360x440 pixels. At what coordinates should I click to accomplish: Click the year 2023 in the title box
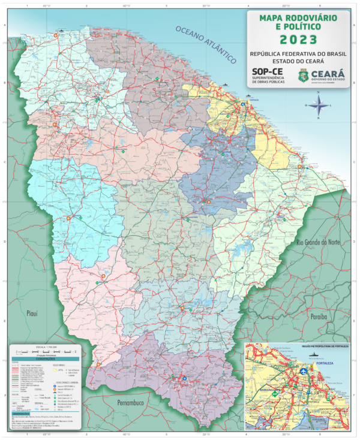298,40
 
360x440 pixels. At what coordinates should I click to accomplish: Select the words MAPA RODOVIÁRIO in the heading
298,19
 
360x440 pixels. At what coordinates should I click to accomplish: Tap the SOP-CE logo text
267,72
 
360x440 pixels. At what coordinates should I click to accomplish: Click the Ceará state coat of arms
304,76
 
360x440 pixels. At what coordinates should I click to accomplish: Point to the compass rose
319,107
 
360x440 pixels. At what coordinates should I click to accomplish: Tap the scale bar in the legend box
46,350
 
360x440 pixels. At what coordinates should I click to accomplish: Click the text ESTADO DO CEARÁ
298,61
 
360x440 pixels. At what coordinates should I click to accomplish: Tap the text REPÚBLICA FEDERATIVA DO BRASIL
298,53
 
